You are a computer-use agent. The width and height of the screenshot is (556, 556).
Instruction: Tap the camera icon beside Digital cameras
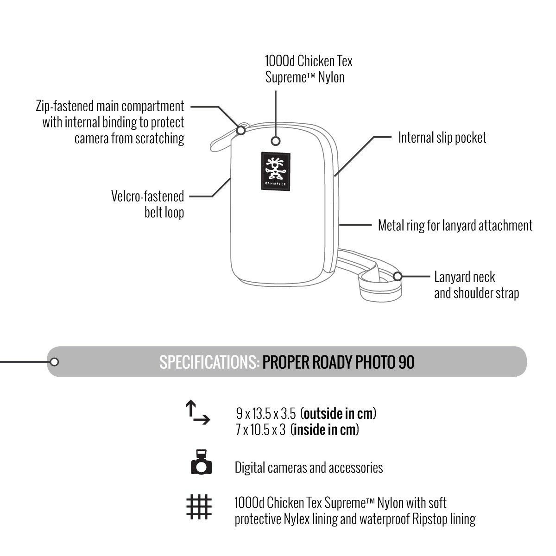click(x=201, y=462)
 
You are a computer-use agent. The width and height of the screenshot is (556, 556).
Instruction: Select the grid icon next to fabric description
click(x=199, y=506)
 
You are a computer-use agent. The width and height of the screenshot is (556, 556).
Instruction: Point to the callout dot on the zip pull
click(x=241, y=131)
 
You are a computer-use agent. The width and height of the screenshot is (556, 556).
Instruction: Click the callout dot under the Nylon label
click(x=276, y=141)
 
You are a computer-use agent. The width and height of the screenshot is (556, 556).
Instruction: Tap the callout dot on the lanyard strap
click(x=397, y=277)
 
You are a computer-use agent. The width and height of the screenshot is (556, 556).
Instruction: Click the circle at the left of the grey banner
click(x=54, y=362)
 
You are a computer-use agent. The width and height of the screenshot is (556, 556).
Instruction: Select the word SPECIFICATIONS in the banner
click(x=209, y=362)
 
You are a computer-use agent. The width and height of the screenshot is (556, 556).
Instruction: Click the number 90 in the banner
click(x=406, y=362)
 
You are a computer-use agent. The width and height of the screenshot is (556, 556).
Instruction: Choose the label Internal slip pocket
click(x=442, y=138)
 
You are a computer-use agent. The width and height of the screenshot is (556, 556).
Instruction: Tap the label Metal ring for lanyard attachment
click(x=455, y=226)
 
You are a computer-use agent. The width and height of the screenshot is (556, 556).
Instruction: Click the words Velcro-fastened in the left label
click(x=147, y=196)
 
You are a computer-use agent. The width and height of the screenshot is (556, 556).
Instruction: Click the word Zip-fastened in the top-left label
click(x=64, y=106)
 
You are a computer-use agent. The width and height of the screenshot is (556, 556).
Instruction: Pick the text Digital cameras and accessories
click(x=309, y=468)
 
